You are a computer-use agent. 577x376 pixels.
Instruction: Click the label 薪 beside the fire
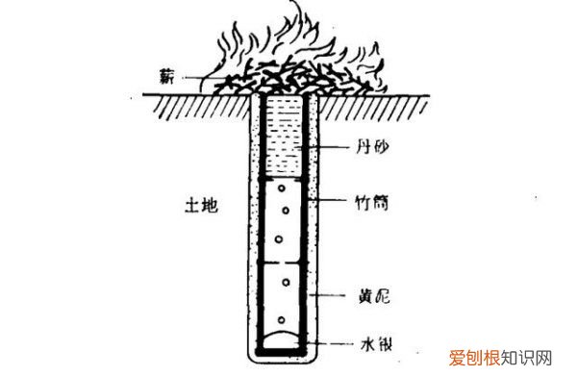(170, 72)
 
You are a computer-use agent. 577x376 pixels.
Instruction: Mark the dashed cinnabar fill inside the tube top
(286, 135)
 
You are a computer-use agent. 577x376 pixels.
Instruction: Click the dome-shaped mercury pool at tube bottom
(286, 338)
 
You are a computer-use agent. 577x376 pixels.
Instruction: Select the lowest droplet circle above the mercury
(282, 319)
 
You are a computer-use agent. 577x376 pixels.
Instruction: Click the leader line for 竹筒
(327, 203)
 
